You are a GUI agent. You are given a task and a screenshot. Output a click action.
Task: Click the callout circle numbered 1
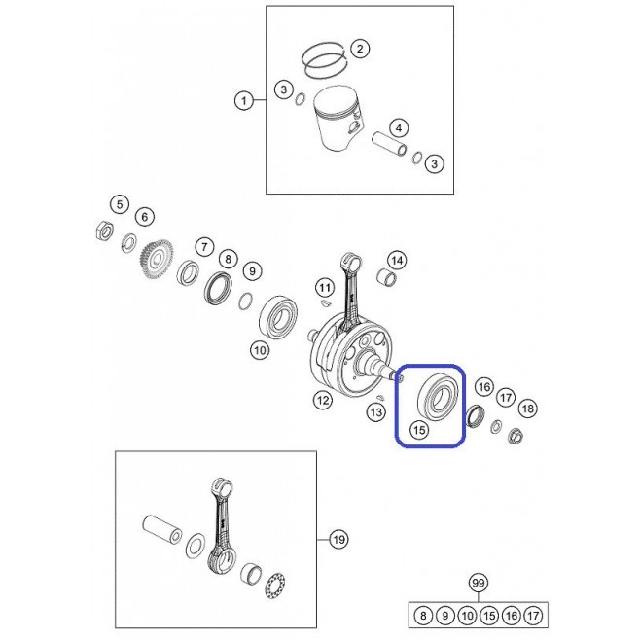coord(244,100)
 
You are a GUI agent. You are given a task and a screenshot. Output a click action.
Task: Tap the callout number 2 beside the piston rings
coord(360,49)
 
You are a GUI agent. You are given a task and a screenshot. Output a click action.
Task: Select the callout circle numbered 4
coord(399,128)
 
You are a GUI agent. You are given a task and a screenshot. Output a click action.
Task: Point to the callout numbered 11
coord(325,288)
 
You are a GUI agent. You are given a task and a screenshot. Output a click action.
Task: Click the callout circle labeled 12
coord(323,400)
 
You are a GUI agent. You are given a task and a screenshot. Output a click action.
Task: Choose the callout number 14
coord(397,260)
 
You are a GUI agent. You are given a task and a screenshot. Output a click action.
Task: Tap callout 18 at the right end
coord(528,409)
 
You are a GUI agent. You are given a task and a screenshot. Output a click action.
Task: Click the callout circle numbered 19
coord(338,540)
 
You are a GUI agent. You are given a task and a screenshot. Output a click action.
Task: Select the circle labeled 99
coord(478,583)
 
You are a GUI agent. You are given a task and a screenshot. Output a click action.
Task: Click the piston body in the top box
coord(338,119)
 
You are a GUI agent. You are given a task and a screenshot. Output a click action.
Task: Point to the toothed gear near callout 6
coord(158,259)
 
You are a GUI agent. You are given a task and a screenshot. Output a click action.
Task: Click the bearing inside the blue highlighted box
coord(439,394)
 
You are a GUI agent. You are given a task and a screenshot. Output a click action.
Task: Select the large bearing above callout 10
coord(279,316)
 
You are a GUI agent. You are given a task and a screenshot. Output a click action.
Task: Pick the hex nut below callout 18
coord(516,437)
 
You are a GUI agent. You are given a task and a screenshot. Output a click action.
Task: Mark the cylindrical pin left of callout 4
coord(389,143)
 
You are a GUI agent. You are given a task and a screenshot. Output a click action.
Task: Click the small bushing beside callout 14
coord(386,277)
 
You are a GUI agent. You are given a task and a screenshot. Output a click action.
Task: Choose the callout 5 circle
coord(120,204)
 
